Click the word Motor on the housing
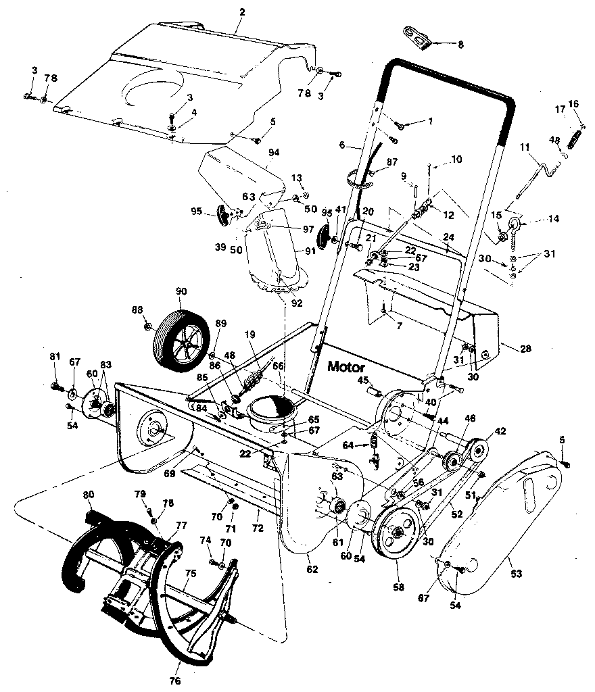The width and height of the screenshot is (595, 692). coord(346,368)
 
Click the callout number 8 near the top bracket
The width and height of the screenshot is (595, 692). coord(460,45)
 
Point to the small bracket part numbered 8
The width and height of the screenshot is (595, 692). coord(418,39)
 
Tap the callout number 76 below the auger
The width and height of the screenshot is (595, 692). coord(175,681)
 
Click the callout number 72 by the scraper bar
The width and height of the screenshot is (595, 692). coord(256,524)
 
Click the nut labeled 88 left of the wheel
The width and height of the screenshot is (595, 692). coord(148,327)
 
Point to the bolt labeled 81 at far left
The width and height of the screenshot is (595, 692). coord(55,386)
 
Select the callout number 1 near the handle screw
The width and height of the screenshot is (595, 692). coord(429,122)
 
